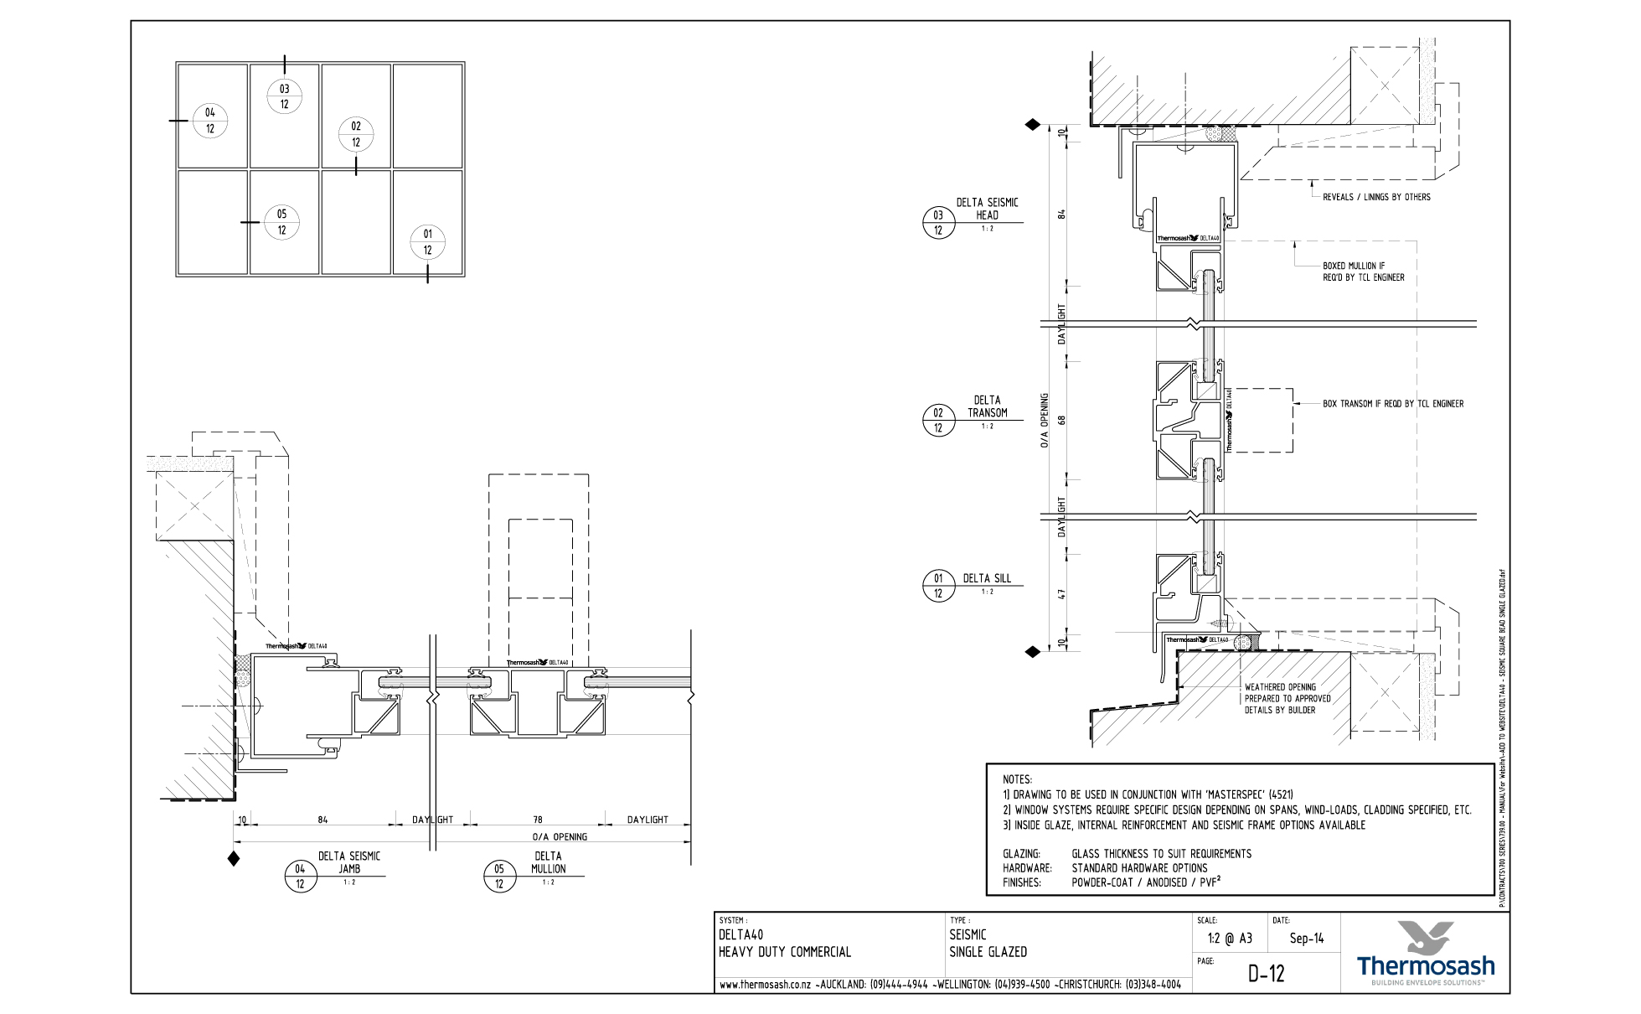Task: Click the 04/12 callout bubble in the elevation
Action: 210,121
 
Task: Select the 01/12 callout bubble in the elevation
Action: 427,242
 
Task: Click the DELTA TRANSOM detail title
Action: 987,406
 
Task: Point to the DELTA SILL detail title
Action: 987,578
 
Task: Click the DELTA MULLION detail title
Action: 548,862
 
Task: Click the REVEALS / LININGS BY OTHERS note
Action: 1375,197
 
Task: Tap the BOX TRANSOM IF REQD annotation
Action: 1392,404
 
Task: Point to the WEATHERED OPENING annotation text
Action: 1287,698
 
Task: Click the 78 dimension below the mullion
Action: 537,820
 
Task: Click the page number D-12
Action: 1266,973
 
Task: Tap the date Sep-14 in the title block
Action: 1307,939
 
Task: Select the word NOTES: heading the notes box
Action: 1017,779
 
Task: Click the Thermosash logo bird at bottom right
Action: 1425,937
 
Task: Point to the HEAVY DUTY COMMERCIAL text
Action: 785,952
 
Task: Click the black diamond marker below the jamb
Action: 234,858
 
